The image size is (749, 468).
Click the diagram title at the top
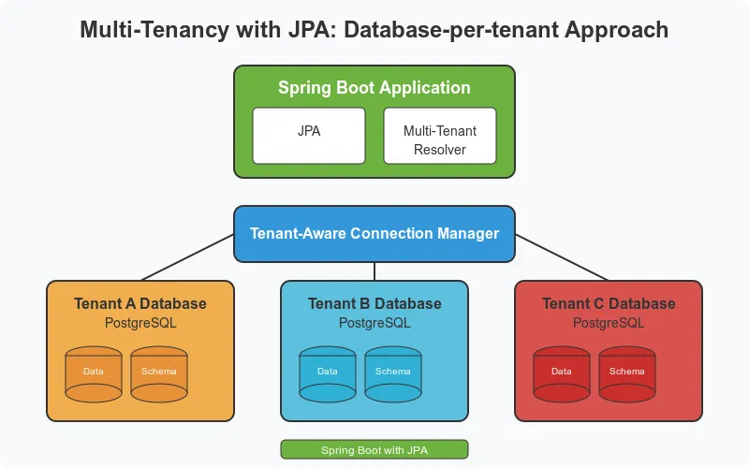(374, 30)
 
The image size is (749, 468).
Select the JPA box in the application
(309, 136)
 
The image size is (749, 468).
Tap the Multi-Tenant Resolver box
(440, 136)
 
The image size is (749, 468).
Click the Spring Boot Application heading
(374, 88)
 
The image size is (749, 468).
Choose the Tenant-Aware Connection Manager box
(374, 234)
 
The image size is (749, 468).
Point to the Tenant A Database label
(140, 303)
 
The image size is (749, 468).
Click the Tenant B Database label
(374, 303)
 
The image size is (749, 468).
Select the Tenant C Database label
(609, 303)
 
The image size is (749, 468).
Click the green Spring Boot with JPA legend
(374, 450)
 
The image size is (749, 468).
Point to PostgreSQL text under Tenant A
(140, 323)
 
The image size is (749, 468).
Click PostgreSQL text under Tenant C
(609, 323)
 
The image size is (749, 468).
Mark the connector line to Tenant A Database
(187, 257)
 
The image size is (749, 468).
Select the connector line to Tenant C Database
(562, 257)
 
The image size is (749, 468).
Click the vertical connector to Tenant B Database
(374, 271)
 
